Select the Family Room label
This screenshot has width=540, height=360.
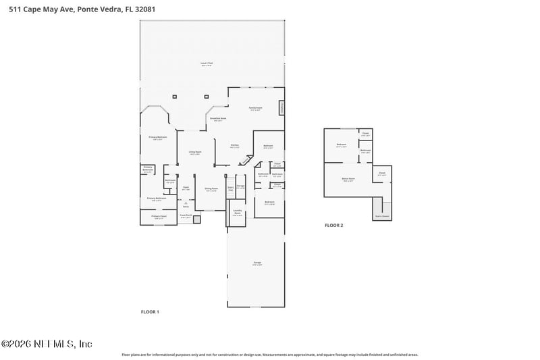[x=255, y=107]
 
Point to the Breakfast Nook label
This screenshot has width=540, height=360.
[x=218, y=118]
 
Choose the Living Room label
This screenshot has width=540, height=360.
[x=194, y=153]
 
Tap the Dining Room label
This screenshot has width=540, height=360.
[x=211, y=189]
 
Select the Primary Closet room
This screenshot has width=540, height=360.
[x=159, y=217]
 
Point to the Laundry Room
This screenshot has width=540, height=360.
[x=238, y=213]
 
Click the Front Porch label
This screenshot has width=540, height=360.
[x=186, y=217]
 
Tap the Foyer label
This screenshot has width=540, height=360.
[x=186, y=188]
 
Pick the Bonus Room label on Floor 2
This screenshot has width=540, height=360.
[x=348, y=179]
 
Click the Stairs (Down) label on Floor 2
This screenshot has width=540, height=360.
[x=381, y=216]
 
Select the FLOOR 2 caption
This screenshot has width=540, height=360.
[x=334, y=225]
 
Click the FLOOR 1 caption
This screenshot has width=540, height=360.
[x=149, y=311]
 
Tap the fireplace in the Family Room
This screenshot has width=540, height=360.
[x=281, y=107]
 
